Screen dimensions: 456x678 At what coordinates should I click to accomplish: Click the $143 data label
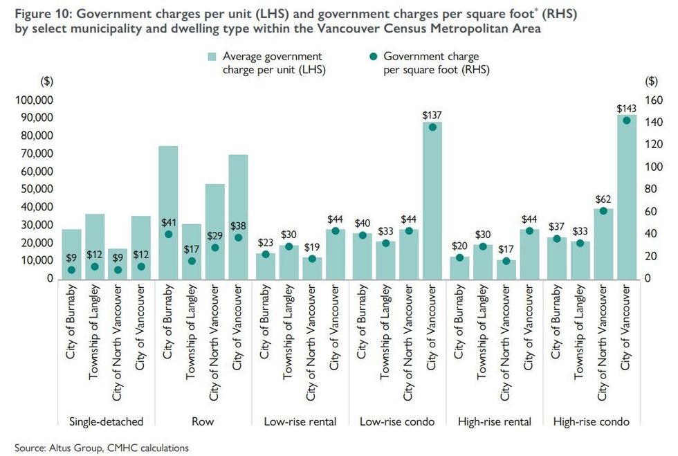tap(627, 109)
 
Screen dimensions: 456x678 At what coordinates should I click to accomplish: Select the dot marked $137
tap(432, 127)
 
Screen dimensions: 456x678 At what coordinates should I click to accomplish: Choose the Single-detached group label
tap(106, 421)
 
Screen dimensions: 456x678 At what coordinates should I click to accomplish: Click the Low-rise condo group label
tap(396, 421)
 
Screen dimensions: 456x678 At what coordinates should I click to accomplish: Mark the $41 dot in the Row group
tap(168, 235)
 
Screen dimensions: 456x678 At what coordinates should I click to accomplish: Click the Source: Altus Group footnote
tap(102, 448)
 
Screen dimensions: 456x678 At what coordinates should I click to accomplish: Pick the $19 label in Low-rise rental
tap(312, 246)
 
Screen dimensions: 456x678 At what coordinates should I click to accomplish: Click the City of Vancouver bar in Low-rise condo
tap(432, 200)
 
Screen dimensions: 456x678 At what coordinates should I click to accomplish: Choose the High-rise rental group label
tap(493, 421)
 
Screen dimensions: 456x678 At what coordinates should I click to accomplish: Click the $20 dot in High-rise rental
tap(459, 257)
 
